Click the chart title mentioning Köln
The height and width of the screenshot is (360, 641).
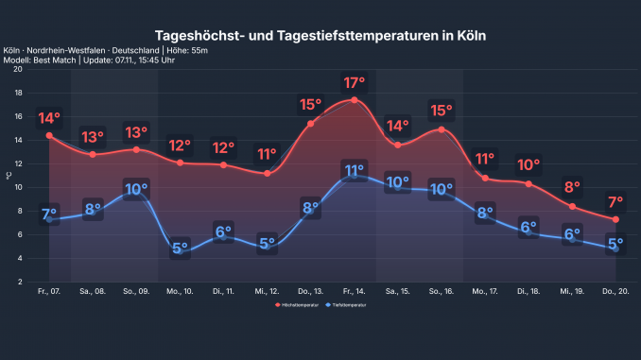coord(320,35)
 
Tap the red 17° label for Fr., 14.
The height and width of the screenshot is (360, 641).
coord(354,82)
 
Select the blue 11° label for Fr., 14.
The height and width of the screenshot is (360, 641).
coord(354,171)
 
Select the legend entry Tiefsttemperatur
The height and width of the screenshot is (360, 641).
coord(345,307)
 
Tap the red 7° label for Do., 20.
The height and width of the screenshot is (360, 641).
coord(615,201)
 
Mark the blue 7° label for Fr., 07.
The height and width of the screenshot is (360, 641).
coord(49,214)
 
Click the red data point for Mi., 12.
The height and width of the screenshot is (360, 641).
coord(267,174)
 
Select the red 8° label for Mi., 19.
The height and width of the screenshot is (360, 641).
coord(572,186)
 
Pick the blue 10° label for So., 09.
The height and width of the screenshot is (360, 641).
coord(136,189)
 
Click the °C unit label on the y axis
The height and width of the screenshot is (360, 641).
coord(9,175)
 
